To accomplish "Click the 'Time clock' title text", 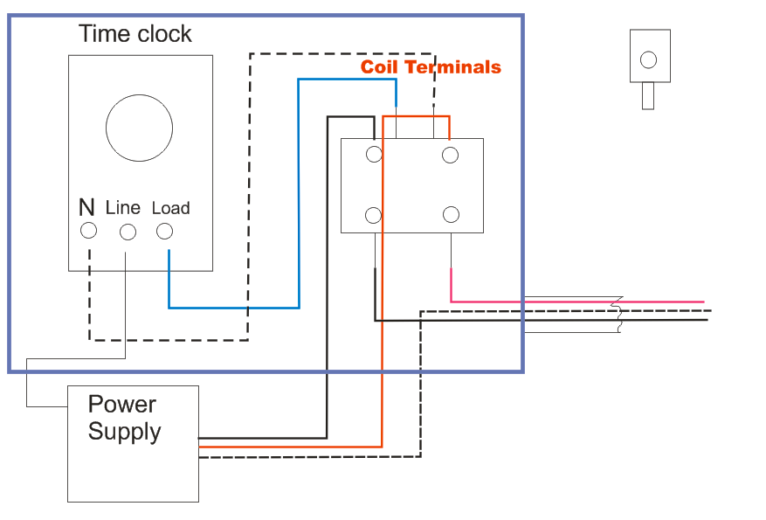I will click(135, 34).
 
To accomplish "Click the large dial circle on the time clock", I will click(139, 128).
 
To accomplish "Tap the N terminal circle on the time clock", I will click(88, 231).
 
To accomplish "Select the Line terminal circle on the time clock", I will click(128, 232).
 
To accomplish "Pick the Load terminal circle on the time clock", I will click(164, 231).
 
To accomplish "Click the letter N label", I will click(86, 208).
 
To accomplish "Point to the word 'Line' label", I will click(123, 208).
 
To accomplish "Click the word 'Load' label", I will click(170, 208).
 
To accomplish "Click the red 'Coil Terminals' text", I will click(431, 67).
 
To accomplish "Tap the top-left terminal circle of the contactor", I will click(374, 155).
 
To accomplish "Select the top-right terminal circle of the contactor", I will click(451, 155).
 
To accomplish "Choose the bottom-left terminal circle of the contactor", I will click(374, 215).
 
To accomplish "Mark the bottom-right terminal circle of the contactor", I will click(451, 215).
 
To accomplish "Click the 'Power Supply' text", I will click(124, 418).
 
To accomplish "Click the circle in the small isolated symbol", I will click(648, 59).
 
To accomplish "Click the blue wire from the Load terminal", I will click(236, 308).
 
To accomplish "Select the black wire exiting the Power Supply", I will click(262, 438).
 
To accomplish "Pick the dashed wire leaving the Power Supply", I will click(306, 456).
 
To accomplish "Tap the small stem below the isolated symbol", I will click(648, 96).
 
